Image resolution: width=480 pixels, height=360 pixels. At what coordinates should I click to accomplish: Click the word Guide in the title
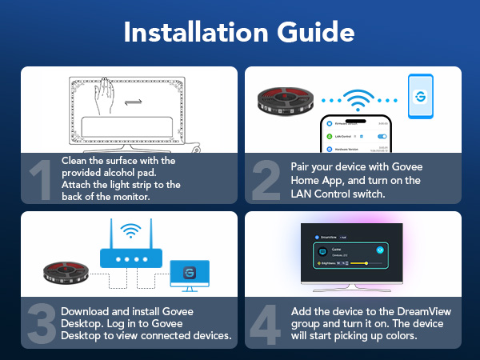316,34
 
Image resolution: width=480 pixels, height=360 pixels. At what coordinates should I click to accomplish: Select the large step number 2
265,180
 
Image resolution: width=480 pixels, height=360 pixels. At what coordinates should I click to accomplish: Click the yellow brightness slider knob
366,262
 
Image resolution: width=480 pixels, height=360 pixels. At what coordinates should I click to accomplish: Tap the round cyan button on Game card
381,249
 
